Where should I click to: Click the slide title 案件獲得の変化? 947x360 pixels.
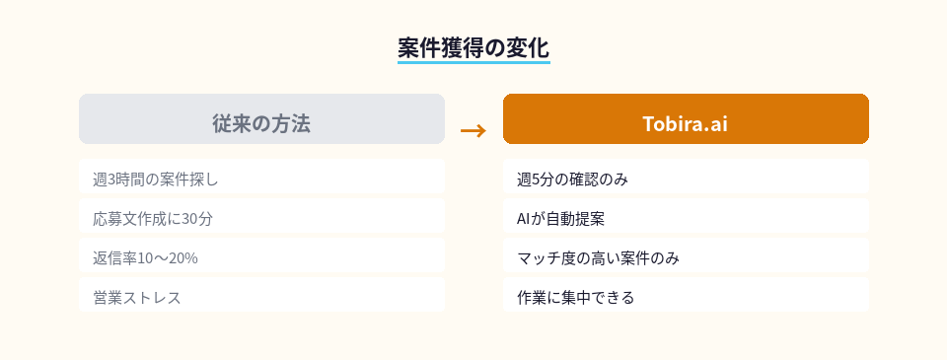pos(473,46)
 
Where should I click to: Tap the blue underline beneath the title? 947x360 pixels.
pos(473,62)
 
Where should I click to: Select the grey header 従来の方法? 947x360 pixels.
pos(261,123)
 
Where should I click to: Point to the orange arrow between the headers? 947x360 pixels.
pos(473,130)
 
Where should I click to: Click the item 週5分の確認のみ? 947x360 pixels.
pos(572,180)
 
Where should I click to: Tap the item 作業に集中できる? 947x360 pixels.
pos(575,297)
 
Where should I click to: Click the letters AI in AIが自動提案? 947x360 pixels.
pos(524,219)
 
